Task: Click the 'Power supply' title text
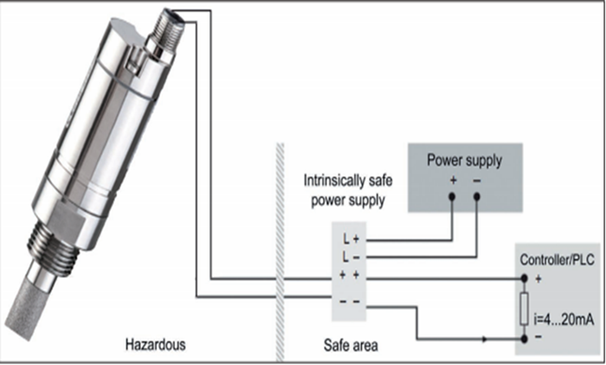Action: point(464,160)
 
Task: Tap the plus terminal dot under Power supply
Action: point(453,196)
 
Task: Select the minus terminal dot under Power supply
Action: point(477,196)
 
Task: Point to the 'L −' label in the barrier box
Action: point(350,258)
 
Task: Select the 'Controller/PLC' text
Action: point(555,259)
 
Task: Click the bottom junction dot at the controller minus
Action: point(524,340)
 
